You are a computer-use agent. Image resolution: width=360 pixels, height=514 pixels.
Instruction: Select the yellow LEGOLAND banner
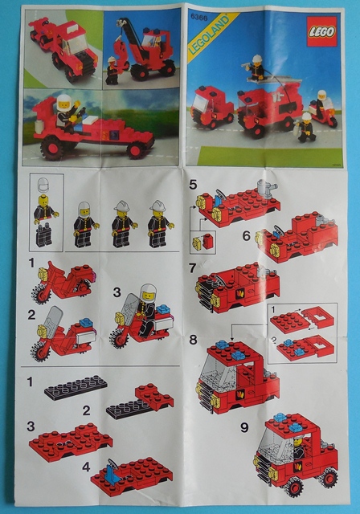tap(204, 39)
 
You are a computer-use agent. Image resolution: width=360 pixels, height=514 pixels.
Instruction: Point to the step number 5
tap(193, 184)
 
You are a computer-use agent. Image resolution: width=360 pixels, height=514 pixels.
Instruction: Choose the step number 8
tap(193, 341)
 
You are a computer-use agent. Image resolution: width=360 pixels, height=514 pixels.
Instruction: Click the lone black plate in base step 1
tap(76, 385)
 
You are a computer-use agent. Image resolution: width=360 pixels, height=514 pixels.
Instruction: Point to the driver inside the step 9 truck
tap(298, 444)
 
